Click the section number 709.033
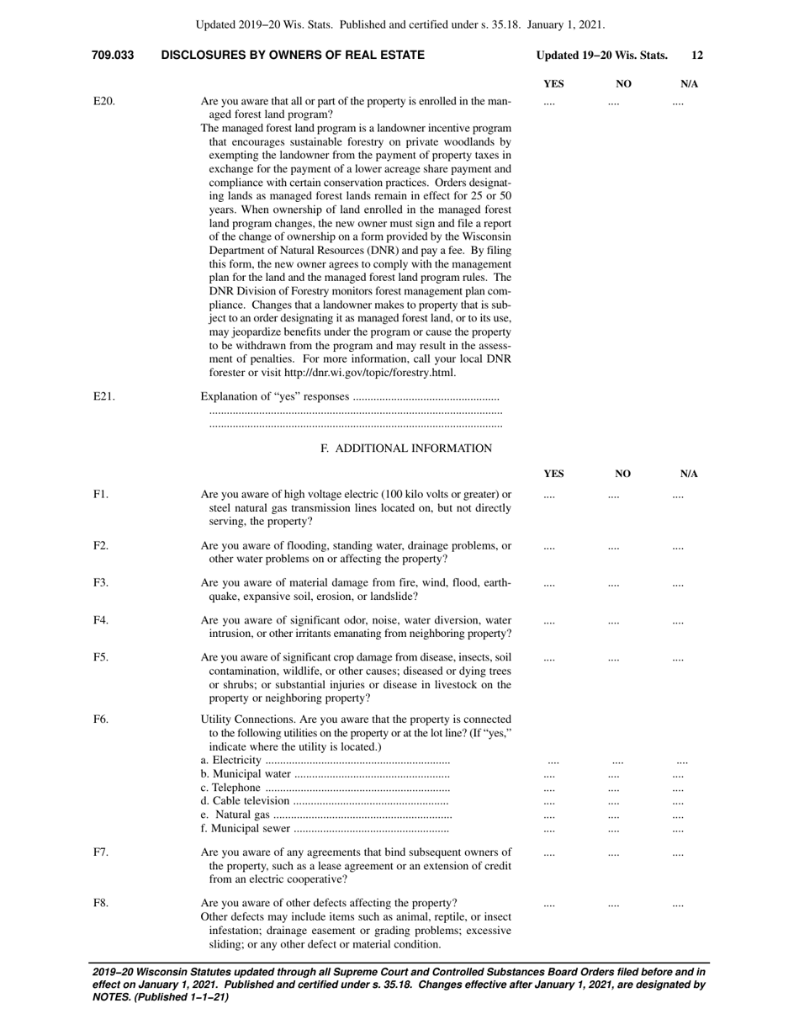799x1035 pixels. pyautogui.click(x=113, y=56)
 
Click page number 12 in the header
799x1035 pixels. pyautogui.click(x=697, y=56)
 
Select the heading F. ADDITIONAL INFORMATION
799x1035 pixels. pyautogui.click(x=406, y=448)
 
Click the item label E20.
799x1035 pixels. pyautogui.click(x=103, y=102)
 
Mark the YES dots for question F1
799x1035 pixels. pyautogui.click(x=549, y=496)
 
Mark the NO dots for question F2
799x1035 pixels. pyautogui.click(x=613, y=547)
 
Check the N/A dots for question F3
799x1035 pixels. pyautogui.click(x=678, y=583)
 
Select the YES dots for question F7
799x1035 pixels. pyautogui.click(x=549, y=853)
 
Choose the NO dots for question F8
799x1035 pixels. pyautogui.click(x=613, y=905)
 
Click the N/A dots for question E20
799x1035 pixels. pyautogui.click(x=678, y=103)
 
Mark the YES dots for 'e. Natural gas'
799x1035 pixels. pyautogui.click(x=549, y=816)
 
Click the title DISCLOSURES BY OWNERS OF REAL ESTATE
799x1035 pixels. pyautogui.click(x=293, y=56)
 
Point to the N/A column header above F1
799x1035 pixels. pyautogui.click(x=689, y=475)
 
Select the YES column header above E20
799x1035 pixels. pyautogui.click(x=553, y=84)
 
